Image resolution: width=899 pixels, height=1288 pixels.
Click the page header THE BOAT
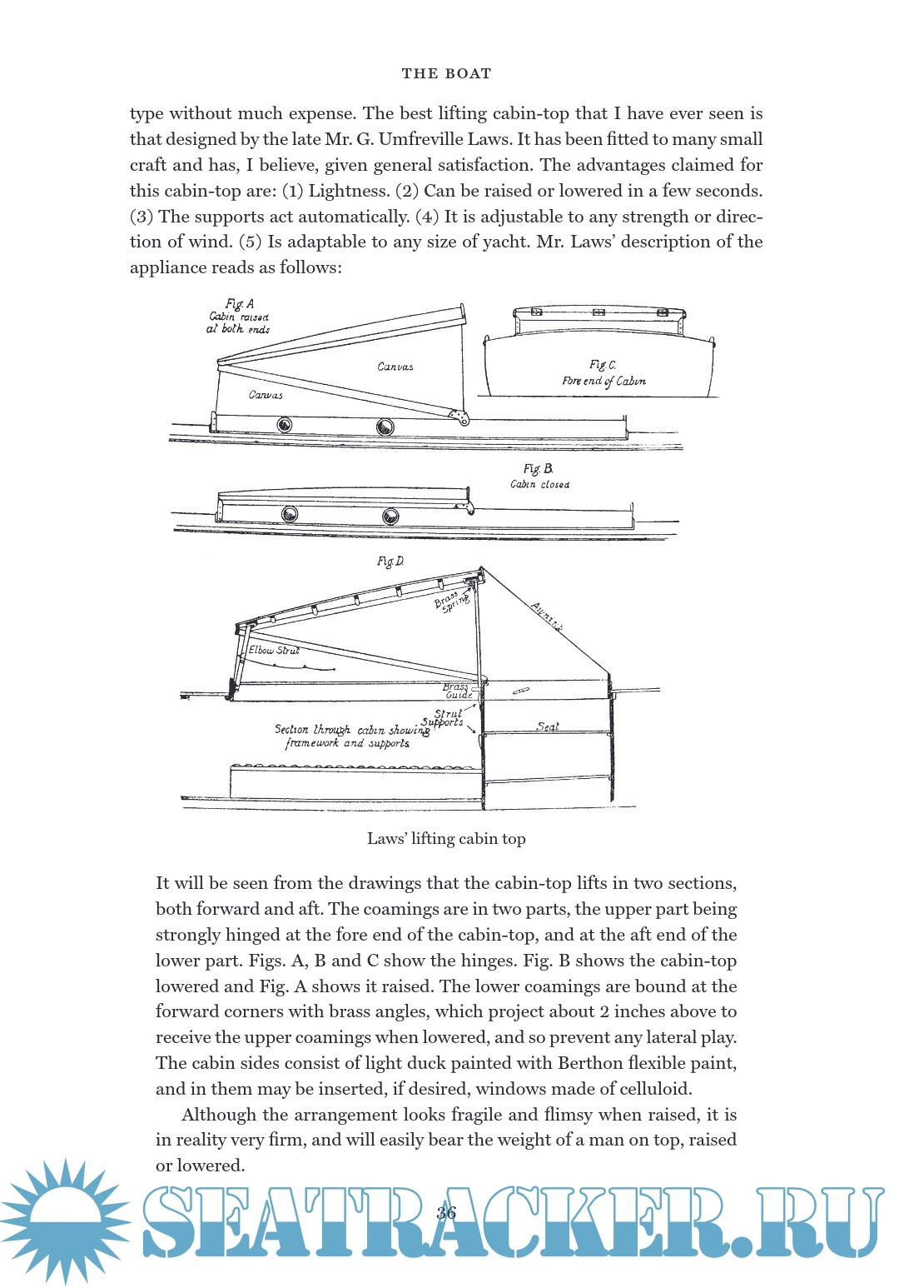click(446, 73)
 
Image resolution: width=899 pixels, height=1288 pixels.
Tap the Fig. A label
click(240, 304)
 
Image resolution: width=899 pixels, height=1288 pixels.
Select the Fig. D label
click(390, 562)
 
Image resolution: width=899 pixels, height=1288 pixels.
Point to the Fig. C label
click(603, 365)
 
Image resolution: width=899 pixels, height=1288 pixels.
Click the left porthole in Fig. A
click(284, 426)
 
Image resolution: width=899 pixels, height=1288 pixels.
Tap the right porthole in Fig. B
click(390, 517)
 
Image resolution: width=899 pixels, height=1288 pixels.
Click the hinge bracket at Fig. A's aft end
click(457, 416)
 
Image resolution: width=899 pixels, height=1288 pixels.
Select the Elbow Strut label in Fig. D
click(274, 650)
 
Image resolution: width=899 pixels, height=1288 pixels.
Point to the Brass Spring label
click(452, 600)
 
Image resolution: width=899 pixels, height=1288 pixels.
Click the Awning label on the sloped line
click(547, 617)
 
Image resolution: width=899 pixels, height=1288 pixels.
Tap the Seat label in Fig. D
click(548, 726)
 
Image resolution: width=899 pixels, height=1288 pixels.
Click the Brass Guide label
click(457, 691)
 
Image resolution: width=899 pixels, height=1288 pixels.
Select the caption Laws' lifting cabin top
click(446, 839)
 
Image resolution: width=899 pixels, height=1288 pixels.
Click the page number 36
click(446, 1212)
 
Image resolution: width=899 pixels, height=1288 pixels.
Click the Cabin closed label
click(540, 485)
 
